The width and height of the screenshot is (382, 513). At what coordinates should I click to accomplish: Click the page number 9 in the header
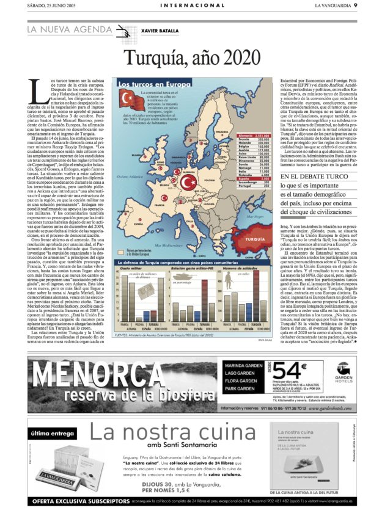click(372, 5)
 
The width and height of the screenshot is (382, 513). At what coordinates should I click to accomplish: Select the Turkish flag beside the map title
click(129, 96)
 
